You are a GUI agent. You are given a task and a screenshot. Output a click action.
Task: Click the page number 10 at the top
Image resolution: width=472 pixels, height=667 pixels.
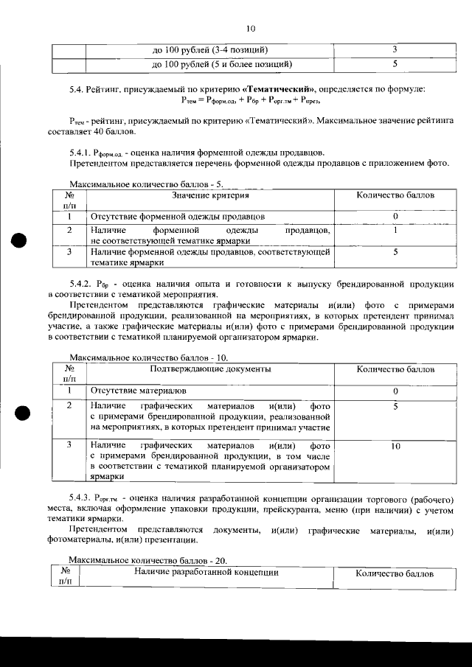point(249,29)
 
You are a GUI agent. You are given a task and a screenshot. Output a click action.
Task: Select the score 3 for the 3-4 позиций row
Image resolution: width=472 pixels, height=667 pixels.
point(395,50)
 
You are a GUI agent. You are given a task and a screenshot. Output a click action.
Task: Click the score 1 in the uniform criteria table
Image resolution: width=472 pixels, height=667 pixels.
point(395,231)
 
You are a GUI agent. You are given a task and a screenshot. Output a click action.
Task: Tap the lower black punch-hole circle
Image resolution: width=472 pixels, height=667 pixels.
point(20,413)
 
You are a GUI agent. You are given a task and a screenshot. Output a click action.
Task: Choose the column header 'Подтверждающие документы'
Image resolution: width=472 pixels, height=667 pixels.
point(210,369)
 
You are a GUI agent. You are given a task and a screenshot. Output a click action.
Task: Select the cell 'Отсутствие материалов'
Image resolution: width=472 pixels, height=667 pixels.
point(138,390)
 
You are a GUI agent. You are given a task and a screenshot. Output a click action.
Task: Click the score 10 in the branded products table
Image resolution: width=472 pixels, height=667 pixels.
point(395,447)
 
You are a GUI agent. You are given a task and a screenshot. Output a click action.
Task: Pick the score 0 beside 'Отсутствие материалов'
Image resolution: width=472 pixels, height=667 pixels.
point(395,391)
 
